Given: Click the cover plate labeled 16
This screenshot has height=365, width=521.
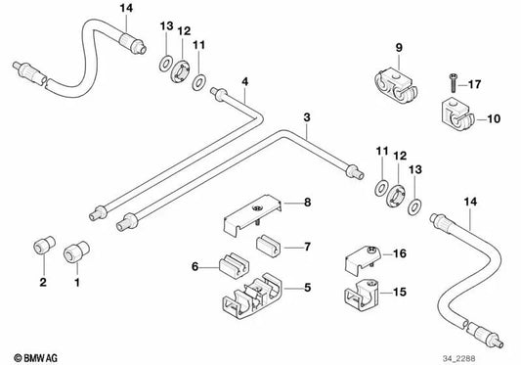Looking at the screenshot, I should [x=363, y=258].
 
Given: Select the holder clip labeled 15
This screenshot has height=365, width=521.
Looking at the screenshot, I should [x=362, y=293].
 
